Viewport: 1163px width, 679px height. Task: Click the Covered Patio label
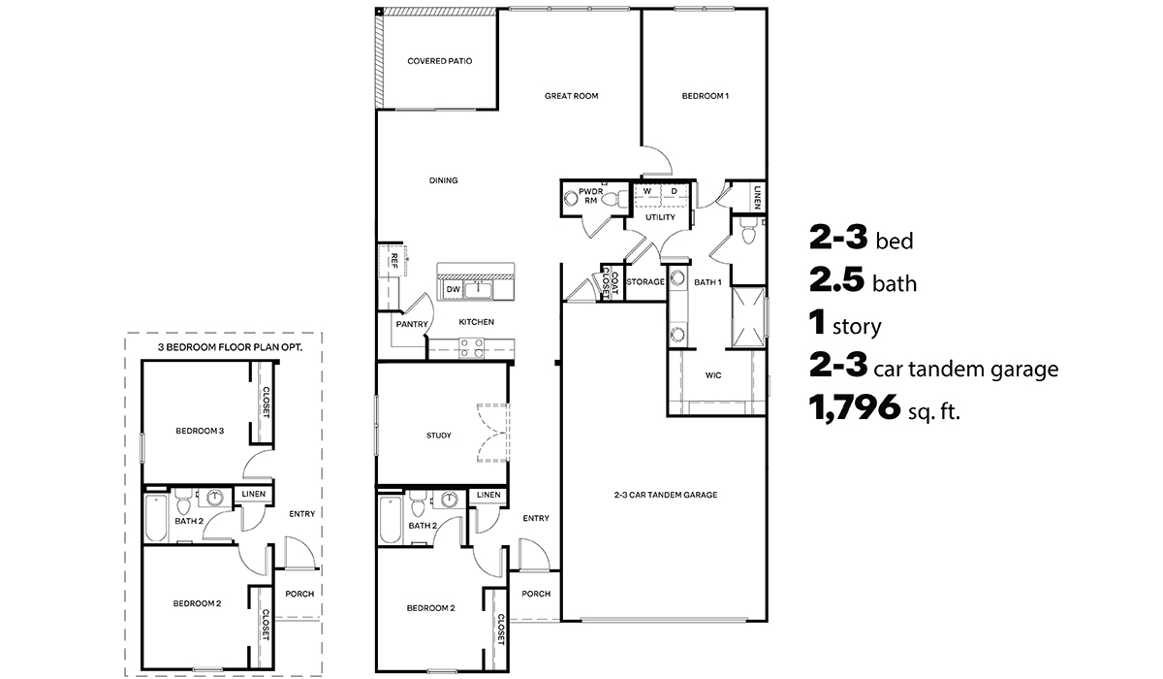coord(439,61)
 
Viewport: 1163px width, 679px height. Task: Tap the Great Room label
coord(571,96)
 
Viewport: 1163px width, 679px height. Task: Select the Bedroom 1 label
coord(705,96)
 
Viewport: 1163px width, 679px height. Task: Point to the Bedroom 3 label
coord(200,431)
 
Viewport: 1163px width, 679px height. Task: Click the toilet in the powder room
coord(572,199)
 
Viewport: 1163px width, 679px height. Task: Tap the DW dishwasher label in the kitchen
coord(453,289)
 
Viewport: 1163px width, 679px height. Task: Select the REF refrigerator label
coord(394,260)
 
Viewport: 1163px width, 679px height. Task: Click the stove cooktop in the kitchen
coord(472,347)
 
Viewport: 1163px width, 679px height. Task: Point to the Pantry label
coord(411,325)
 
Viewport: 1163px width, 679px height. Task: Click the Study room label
coord(438,436)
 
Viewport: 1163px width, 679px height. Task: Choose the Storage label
coord(644,282)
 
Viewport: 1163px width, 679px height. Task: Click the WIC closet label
coord(712,374)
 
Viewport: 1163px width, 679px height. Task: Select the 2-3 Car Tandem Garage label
coord(665,495)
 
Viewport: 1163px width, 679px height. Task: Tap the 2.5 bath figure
coord(836,282)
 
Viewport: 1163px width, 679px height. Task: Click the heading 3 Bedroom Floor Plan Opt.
coord(224,346)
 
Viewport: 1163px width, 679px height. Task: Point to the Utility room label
coord(660,217)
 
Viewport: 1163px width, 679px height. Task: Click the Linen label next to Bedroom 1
coord(756,198)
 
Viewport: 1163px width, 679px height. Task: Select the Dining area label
coord(443,180)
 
